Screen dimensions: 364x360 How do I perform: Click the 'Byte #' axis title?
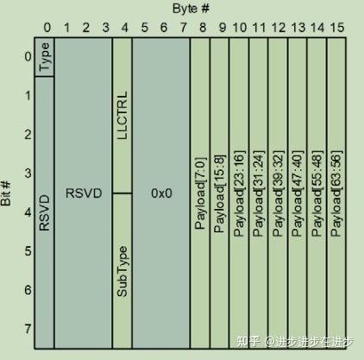[x=191, y=9]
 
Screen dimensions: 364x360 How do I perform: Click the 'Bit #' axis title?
[x=6, y=193]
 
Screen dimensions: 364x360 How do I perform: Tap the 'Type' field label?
[x=45, y=56]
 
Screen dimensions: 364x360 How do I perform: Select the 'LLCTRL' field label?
[x=122, y=116]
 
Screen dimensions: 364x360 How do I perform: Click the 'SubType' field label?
[x=122, y=271]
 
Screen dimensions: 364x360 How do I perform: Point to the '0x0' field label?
[x=161, y=193]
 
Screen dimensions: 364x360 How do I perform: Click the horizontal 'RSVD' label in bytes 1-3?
[x=84, y=193]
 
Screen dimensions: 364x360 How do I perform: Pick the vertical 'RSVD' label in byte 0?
[x=45, y=213]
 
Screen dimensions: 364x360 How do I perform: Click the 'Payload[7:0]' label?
[x=201, y=193]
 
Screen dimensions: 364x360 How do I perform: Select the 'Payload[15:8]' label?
[x=220, y=193]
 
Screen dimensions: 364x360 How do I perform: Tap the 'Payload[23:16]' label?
[x=240, y=193]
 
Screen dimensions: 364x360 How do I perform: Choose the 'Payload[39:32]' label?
[x=279, y=193]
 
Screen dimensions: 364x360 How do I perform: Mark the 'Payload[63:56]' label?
[x=336, y=193]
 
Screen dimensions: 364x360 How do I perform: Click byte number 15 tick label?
[x=337, y=28]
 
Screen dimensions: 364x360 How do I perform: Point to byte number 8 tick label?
[x=203, y=28]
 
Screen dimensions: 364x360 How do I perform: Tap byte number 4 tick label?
[x=125, y=28]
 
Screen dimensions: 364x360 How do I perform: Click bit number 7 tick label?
[x=28, y=329]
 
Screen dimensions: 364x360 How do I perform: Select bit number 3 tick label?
[x=28, y=173]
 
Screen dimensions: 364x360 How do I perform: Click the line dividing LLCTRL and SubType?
[x=122, y=193]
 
